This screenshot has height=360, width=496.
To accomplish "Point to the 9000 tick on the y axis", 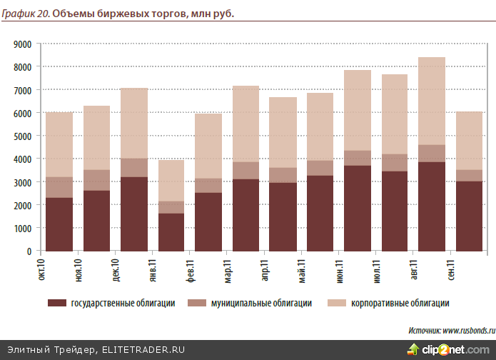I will [x=21, y=44].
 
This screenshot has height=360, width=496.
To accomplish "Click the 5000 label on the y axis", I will [x=21, y=136].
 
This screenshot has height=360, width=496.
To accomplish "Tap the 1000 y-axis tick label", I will [x=21, y=228].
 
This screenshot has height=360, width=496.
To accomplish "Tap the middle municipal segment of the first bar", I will [x=59, y=187].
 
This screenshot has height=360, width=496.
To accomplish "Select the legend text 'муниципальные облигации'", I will [x=261, y=304].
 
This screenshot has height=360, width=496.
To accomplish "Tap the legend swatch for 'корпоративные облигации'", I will [x=335, y=304].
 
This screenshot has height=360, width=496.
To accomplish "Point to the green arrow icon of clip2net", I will [x=413, y=349].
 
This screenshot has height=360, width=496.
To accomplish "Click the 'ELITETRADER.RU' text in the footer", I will [x=143, y=349].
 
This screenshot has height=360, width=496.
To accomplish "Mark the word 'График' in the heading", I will [x=17, y=14].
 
